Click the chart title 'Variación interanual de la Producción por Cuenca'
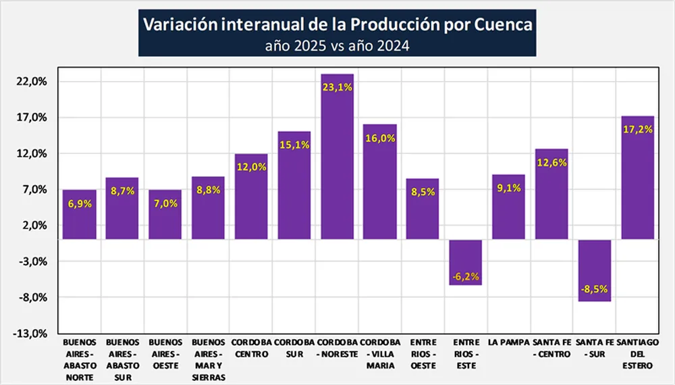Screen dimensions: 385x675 337,25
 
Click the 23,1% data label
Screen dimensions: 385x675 337,87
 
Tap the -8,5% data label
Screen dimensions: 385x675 595,289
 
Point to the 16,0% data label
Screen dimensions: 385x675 380,138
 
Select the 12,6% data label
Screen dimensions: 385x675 551,162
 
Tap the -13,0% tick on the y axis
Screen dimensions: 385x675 32,333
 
